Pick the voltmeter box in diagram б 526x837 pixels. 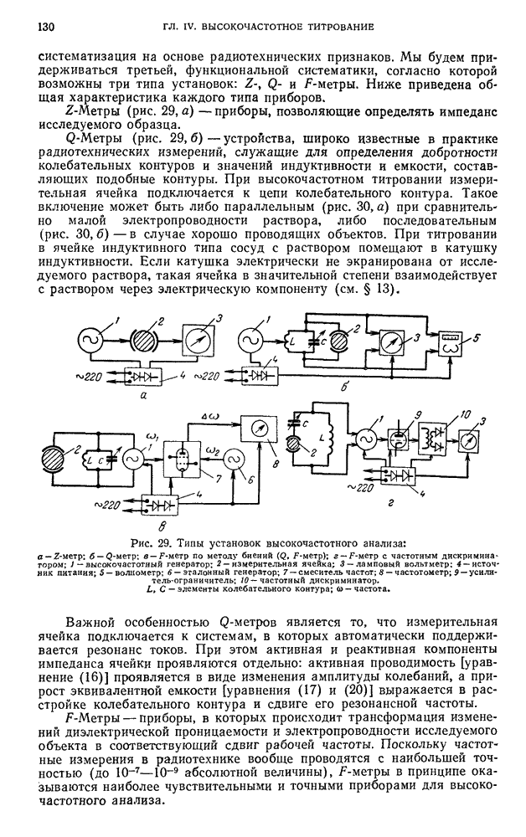point(386,343)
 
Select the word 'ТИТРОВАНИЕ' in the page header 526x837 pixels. point(333,28)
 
